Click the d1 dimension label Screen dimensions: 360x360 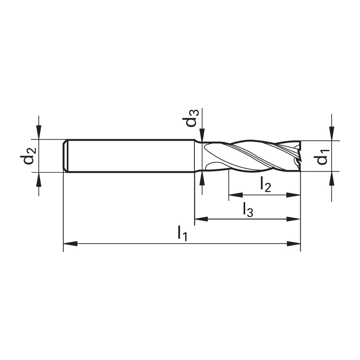pyautogui.click(x=323, y=156)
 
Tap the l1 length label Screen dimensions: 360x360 pyautogui.click(x=183, y=233)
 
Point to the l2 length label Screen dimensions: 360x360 pyautogui.click(x=266, y=184)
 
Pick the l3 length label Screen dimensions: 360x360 pyautogui.click(x=248, y=209)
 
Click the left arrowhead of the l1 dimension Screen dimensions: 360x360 pyautogui.click(x=70, y=244)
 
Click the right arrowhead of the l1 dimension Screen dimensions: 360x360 pyautogui.click(x=294, y=244)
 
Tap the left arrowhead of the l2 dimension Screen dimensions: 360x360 pyautogui.click(x=236, y=195)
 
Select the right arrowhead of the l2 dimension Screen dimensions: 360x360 pyautogui.click(x=294, y=195)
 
